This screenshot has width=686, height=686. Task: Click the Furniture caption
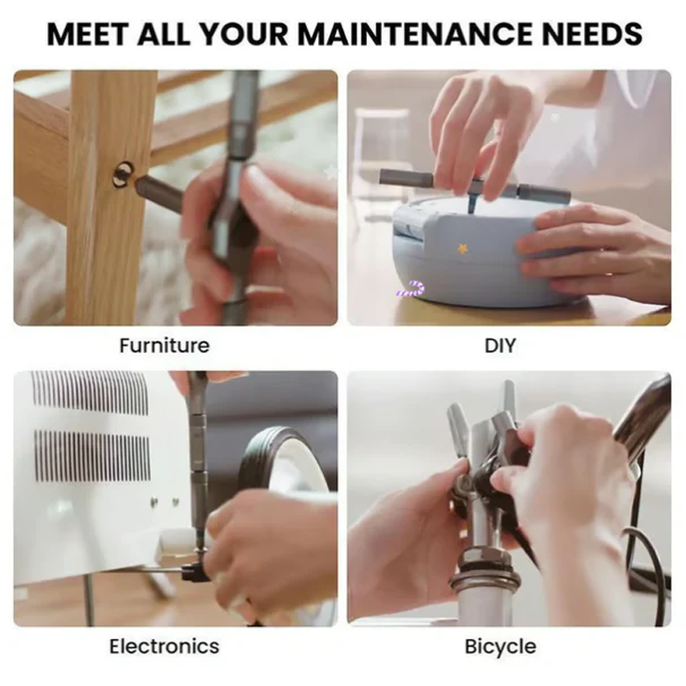(x=165, y=346)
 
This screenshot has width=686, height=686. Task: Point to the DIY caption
(x=501, y=346)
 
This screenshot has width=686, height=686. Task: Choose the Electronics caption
(x=164, y=647)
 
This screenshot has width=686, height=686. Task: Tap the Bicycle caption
(x=501, y=647)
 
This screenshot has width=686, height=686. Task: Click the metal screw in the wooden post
(x=123, y=174)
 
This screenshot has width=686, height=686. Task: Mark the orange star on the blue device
(x=462, y=249)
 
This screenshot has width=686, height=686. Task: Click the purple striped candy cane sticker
(x=412, y=289)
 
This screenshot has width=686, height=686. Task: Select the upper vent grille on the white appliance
(x=89, y=392)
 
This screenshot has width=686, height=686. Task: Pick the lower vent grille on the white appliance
(x=93, y=455)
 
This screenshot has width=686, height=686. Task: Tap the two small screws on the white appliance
(x=165, y=501)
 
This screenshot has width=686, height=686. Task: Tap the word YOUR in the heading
(x=244, y=33)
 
